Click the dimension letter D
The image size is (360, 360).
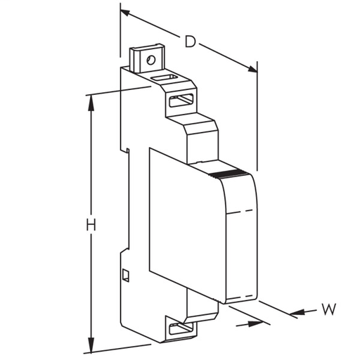coord(190,41)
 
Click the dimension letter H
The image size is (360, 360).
coord(91,225)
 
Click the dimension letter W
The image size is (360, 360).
coord(328,309)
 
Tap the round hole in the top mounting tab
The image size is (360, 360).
coord(150,60)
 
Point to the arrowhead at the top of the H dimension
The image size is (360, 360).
coord(91,103)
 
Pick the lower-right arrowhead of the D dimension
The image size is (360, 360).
coord(252,69)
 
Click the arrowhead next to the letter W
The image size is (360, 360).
coord(297,313)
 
